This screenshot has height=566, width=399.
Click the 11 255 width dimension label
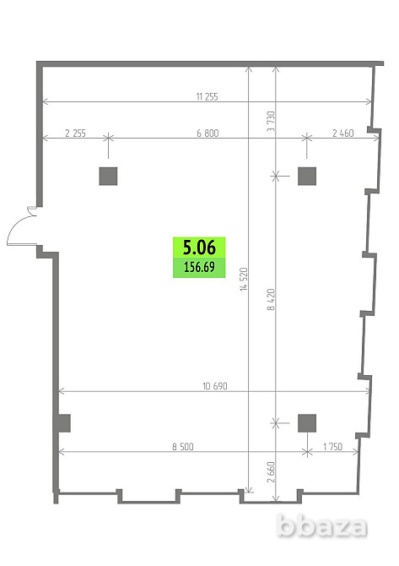[207, 97]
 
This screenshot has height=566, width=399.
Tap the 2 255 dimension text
[75, 133]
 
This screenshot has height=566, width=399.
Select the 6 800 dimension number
[208, 133]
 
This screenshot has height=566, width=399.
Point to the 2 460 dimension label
[342, 133]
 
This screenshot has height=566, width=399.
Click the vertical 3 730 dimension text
[271, 122]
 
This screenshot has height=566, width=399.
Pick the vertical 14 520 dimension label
[244, 280]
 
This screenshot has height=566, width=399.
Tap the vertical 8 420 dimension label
[271, 299]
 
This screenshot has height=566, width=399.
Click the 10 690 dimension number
[215, 386]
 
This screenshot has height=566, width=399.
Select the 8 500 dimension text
[183, 447]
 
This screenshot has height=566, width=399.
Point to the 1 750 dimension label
[332, 447]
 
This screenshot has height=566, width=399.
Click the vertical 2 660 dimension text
[271, 471]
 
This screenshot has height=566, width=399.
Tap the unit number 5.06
[199, 248]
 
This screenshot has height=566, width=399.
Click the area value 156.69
[199, 267]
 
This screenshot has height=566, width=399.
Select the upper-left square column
[108, 177]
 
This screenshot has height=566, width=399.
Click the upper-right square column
[307, 177]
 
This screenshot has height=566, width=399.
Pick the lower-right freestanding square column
[307, 423]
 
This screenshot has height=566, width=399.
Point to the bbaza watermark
[322, 526]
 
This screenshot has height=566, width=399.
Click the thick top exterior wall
[210, 64]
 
